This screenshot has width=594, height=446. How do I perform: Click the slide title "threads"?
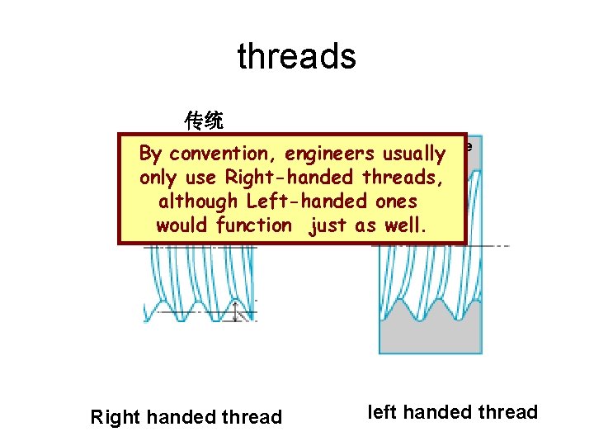click(x=296, y=56)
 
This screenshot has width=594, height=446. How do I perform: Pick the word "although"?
click(x=198, y=202)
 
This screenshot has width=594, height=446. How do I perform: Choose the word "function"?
click(x=253, y=225)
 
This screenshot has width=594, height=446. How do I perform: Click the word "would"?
click(x=182, y=225)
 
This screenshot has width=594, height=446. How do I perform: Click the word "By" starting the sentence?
click(x=150, y=154)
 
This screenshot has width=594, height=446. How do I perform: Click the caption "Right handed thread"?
click(x=186, y=417)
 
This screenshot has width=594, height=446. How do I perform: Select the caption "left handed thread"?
click(x=452, y=412)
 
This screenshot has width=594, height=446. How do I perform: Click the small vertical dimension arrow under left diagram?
click(x=238, y=311)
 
